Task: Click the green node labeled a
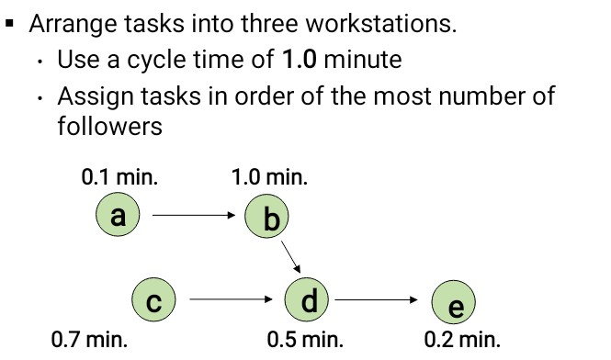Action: pos(117,216)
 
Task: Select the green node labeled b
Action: pos(269,218)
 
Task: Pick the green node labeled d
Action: pos(309,299)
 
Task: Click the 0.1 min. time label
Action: pos(119,177)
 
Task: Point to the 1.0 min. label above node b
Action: pos(270,177)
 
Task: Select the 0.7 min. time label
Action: pos(89,340)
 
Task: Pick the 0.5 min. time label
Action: pos(305,340)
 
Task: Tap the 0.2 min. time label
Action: pos(462,340)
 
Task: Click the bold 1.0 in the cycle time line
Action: pos(301,61)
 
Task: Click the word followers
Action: pos(109,126)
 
